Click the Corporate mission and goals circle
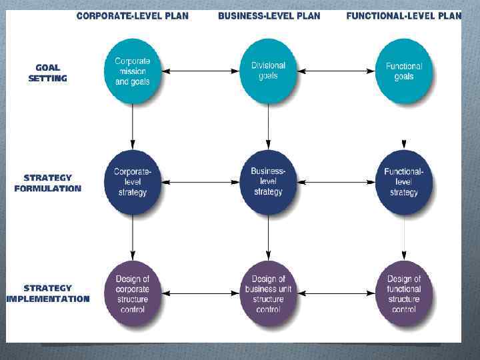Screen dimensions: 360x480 click(x=133, y=71)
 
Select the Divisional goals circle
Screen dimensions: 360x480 click(x=268, y=71)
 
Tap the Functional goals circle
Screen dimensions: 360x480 click(x=404, y=71)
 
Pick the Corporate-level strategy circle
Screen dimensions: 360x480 click(x=133, y=182)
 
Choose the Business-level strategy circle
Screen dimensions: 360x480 click(x=268, y=182)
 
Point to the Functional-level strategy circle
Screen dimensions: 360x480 click(x=404, y=182)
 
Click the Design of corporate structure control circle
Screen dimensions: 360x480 click(x=133, y=293)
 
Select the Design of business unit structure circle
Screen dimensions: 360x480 click(x=268, y=293)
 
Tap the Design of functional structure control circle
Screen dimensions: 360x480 click(x=404, y=293)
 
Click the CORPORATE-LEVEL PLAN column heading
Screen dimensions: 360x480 click(x=133, y=16)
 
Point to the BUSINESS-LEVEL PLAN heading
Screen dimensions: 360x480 click(x=269, y=16)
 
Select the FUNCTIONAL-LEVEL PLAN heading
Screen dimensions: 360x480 click(x=403, y=16)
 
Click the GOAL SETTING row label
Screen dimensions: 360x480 click(x=47, y=73)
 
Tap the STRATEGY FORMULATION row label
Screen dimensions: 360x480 click(x=47, y=183)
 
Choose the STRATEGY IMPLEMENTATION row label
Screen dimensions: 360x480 click(x=47, y=293)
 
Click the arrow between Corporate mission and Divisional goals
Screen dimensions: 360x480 click(x=200, y=71)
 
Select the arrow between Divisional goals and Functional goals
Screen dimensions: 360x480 click(x=336, y=71)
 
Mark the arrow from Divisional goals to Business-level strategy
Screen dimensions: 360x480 click(x=268, y=127)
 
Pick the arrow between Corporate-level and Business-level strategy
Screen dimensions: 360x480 click(x=200, y=182)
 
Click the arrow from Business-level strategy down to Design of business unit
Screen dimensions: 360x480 click(x=268, y=237)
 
